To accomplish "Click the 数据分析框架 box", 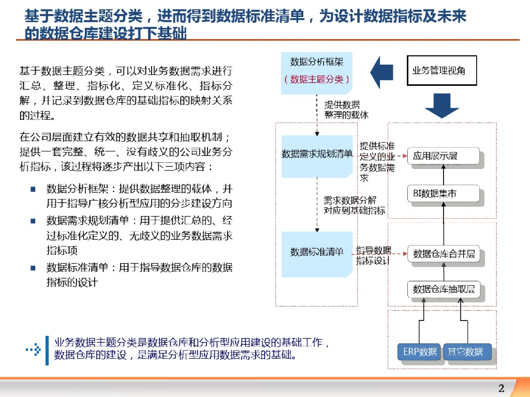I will point(317,72).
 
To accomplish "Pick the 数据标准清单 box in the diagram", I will point(317,253).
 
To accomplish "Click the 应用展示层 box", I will point(443,156).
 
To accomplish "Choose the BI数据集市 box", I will point(443,194).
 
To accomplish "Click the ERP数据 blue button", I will point(420,352).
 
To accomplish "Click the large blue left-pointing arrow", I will point(382,72).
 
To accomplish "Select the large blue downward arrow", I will point(441,106).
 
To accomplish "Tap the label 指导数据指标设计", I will point(373,255).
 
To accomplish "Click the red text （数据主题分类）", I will point(317,79).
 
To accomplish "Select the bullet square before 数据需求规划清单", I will point(33,221).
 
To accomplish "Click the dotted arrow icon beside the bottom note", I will point(33,350).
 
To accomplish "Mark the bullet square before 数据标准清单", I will point(33,268).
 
